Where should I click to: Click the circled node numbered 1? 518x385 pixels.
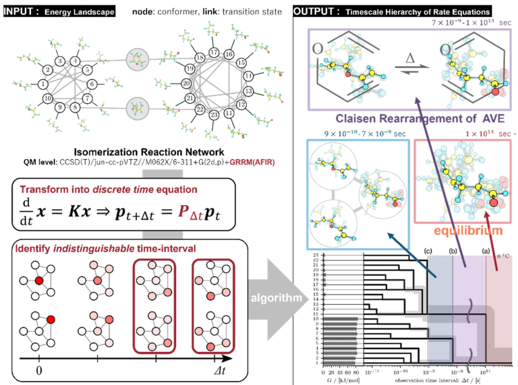click(x=42, y=84)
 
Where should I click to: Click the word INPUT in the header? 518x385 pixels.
click(x=22, y=11)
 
